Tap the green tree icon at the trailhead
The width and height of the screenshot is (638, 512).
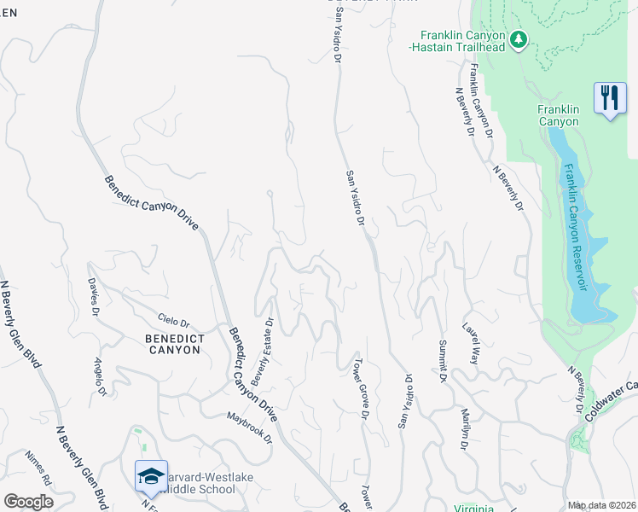[518, 39]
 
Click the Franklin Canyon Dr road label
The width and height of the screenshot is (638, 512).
[481, 102]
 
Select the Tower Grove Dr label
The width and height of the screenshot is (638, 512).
[361, 389]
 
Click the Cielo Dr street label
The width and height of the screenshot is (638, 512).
[173, 320]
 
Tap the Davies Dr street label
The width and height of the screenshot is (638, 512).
[94, 296]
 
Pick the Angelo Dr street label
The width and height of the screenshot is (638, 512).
[100, 376]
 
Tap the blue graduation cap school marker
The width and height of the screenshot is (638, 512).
[151, 476]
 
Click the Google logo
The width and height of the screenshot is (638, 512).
[27, 502]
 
